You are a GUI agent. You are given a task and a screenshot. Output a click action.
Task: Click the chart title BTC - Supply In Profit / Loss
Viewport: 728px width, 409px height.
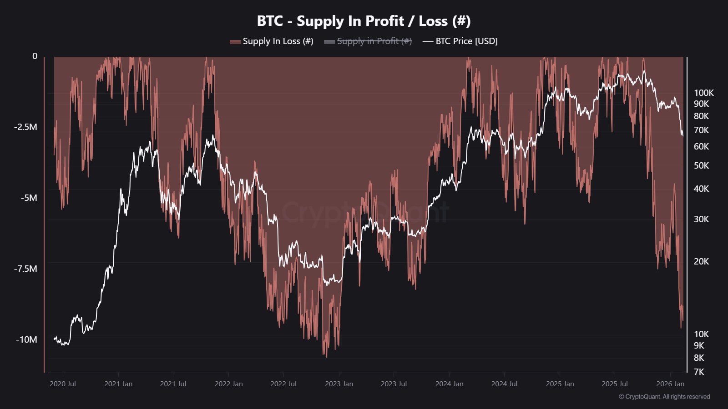click(364, 21)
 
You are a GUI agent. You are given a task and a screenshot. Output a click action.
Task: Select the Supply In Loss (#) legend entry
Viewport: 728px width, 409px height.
click(272, 41)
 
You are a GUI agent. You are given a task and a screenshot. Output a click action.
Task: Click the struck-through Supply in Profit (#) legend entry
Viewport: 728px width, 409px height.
click(368, 41)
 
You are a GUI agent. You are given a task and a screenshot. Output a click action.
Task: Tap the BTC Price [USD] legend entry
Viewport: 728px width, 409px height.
click(460, 41)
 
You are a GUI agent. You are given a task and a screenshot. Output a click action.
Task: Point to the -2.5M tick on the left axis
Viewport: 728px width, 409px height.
click(25, 127)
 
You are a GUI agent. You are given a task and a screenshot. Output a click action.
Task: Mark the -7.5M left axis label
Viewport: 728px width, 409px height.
click(25, 269)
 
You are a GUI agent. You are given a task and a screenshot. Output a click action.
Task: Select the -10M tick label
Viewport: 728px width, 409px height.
click(26, 340)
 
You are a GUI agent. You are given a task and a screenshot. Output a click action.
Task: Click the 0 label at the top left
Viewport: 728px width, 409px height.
click(35, 56)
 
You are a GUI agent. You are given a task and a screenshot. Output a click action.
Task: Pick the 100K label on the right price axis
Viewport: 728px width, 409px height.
click(703, 93)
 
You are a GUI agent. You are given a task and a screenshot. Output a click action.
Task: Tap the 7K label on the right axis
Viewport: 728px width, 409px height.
click(698, 372)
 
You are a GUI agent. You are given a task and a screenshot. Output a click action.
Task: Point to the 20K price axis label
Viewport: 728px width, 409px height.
click(701, 262)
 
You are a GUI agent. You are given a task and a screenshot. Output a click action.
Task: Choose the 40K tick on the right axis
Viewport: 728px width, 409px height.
click(701, 189)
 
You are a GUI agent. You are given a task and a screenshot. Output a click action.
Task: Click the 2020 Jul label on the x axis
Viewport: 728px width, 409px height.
click(63, 384)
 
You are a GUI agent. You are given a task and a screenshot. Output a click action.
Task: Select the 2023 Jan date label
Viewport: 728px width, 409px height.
click(339, 384)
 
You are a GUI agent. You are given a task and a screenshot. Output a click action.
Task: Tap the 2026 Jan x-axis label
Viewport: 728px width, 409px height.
click(670, 384)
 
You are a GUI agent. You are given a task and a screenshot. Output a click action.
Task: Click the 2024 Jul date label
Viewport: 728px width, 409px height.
click(504, 384)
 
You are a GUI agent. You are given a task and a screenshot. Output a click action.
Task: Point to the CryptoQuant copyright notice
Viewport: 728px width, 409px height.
click(664, 397)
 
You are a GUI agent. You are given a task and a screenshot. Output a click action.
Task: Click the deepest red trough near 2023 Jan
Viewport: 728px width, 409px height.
click(326, 355)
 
